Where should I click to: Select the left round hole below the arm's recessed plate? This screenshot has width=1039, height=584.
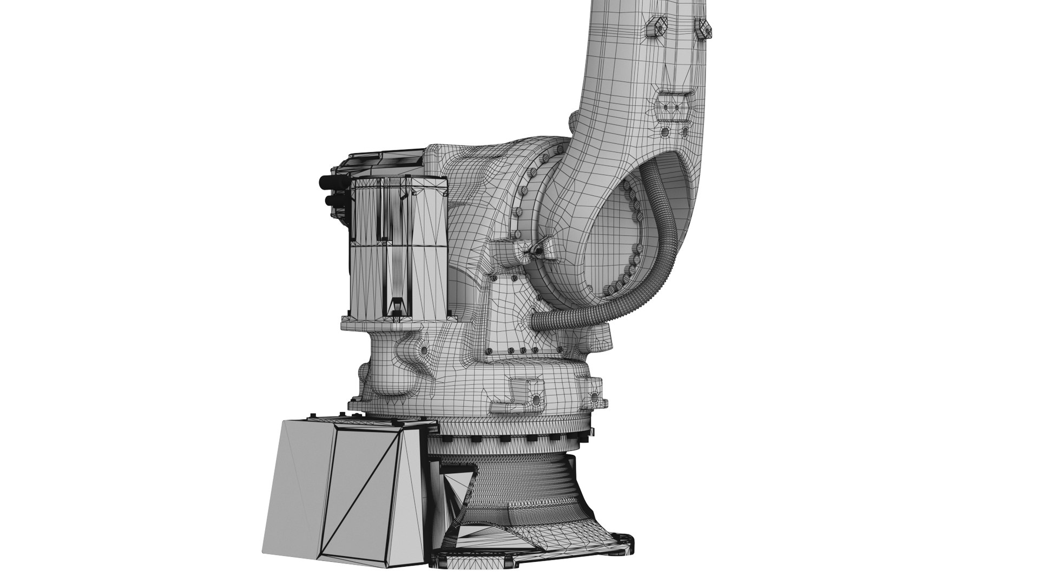click(665, 131)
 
